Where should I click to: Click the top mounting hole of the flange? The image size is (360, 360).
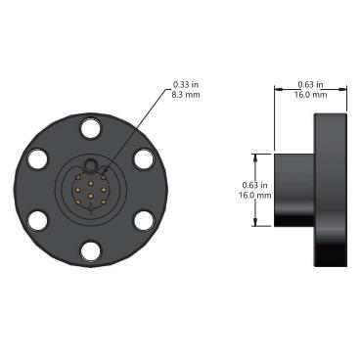coord(91,128)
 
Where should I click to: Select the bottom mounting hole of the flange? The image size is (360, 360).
coord(91,251)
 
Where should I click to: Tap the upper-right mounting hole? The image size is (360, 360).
coord(145,158)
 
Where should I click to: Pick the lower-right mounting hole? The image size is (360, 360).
coord(145,220)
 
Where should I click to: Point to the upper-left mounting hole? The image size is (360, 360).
coord(38,158)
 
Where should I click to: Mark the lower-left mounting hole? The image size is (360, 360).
coord(38,220)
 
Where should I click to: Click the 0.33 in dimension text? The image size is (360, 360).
coord(186,85)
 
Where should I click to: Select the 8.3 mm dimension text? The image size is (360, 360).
coord(186,95)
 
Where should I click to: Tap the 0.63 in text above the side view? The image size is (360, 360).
coord(310,85)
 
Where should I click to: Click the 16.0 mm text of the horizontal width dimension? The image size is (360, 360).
coord(310,95)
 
